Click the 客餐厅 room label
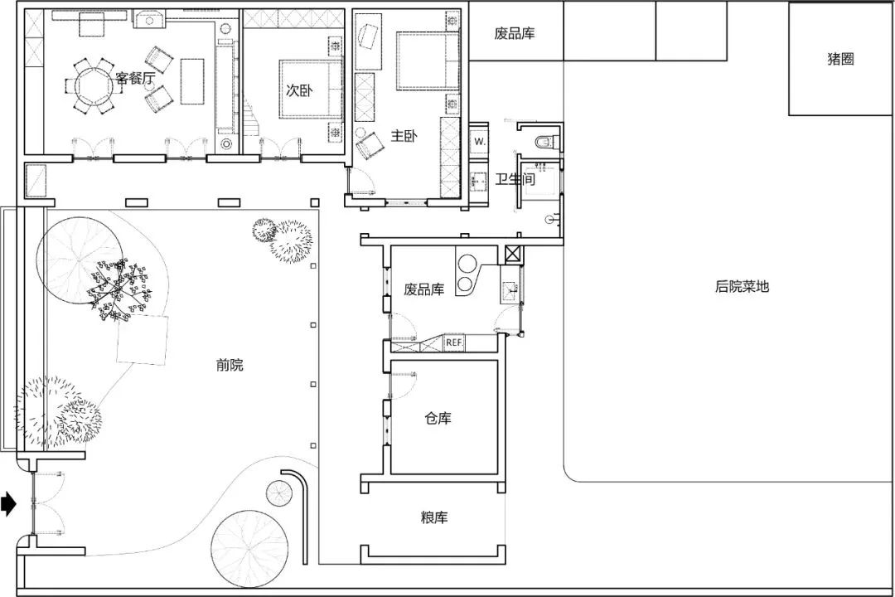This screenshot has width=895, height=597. [x=135, y=80]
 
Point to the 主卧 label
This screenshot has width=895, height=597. [x=404, y=137]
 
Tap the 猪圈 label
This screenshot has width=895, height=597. [x=840, y=59]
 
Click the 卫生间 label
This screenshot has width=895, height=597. [x=515, y=179]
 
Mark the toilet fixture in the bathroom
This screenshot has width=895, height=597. [x=544, y=142]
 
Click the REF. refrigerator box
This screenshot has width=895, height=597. [x=454, y=342]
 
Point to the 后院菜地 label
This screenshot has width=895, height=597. [x=742, y=287]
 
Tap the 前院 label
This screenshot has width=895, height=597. [x=230, y=365]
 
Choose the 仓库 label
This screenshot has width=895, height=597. [x=438, y=419]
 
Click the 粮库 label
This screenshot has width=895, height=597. [x=433, y=517]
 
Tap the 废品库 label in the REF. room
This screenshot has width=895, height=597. [x=423, y=289]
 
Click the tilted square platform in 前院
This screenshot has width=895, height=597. [x=143, y=340]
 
